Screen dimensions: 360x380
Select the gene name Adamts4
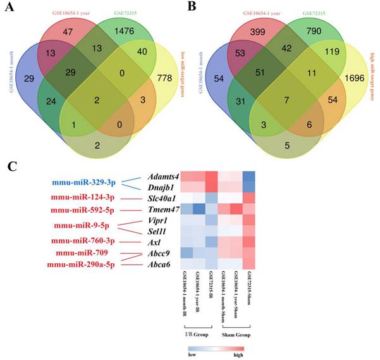click(x=161, y=177)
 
